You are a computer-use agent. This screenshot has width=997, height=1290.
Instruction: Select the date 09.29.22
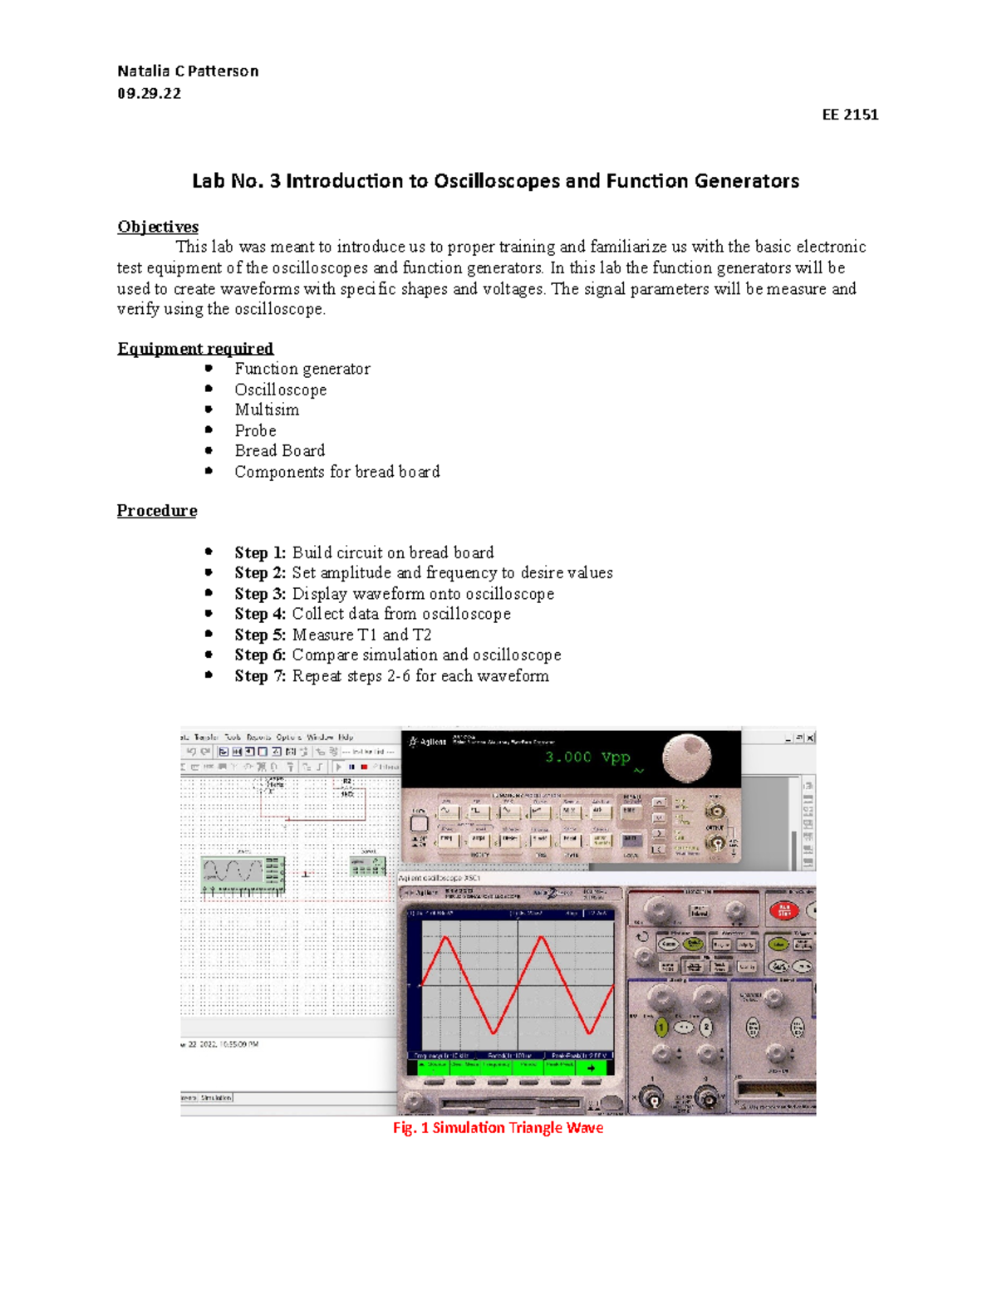point(149,93)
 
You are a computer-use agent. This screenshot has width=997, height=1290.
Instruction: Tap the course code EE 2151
point(850,115)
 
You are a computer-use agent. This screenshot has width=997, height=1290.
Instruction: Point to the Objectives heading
point(158,227)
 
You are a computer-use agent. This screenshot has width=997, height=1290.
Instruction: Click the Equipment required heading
point(195,349)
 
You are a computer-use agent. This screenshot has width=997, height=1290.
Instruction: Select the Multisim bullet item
point(267,410)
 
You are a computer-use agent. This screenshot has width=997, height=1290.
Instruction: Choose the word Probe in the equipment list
point(255,430)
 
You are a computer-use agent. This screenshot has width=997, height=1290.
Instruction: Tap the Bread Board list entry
point(279,451)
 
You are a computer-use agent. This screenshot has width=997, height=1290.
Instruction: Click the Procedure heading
point(157,511)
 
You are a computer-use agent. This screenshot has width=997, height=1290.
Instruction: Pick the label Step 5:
point(260,635)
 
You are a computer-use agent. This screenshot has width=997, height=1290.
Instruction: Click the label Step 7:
point(260,676)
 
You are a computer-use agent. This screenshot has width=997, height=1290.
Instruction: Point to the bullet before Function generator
point(209,368)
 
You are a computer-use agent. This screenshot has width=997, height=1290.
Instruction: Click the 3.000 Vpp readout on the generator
point(587,758)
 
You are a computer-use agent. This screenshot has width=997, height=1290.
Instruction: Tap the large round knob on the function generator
point(687,757)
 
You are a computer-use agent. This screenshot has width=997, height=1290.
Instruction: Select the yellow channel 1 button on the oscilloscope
point(661,1028)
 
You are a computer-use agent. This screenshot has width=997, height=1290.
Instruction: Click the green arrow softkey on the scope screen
point(591,1067)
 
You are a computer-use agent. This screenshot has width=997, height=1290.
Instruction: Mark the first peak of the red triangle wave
point(446,938)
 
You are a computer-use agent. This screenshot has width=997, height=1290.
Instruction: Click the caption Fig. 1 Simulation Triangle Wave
point(498,1128)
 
